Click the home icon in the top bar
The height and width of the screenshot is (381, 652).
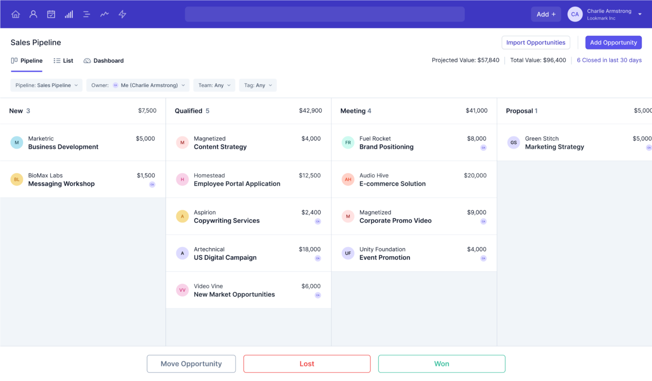click(15, 14)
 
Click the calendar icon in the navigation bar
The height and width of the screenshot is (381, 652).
click(51, 14)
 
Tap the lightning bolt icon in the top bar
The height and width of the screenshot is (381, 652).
click(122, 14)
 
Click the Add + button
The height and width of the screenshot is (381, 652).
click(546, 14)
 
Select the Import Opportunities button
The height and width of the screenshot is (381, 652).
click(536, 43)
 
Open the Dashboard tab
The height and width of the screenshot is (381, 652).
click(104, 61)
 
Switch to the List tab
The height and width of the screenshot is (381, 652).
click(63, 61)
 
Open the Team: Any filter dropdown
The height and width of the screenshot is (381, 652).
click(214, 85)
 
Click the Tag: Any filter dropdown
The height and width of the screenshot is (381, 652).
click(258, 85)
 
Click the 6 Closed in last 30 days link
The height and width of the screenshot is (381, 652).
click(609, 60)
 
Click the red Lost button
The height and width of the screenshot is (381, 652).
click(307, 364)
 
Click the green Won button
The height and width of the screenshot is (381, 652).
click(441, 364)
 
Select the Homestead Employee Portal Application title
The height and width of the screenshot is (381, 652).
click(237, 184)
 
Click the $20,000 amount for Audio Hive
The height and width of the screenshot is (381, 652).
click(475, 176)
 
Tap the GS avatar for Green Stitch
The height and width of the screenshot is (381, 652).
click(513, 143)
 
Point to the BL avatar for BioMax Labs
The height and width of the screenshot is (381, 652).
click(17, 180)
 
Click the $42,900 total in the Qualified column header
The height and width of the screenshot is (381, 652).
click(310, 111)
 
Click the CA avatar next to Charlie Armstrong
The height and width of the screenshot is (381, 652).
click(574, 14)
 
